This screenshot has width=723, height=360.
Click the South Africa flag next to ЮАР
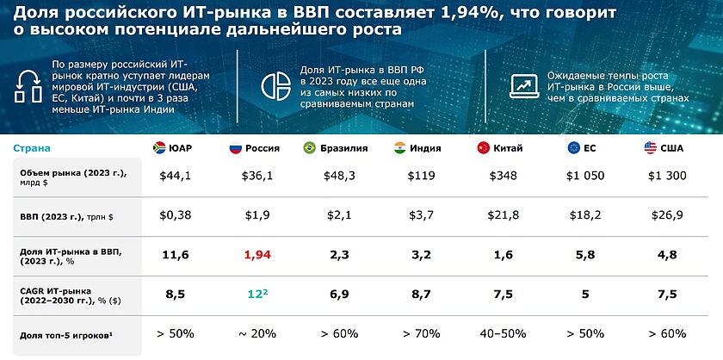[x=158, y=148]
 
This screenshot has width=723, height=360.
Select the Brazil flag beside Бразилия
[x=309, y=148]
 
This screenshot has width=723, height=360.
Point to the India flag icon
[x=399, y=148]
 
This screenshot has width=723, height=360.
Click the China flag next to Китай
[x=482, y=148]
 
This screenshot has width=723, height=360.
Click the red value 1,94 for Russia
[x=257, y=255]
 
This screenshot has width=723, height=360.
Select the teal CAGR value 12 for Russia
[x=259, y=294]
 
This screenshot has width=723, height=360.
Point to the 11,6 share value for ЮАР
[x=176, y=255]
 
